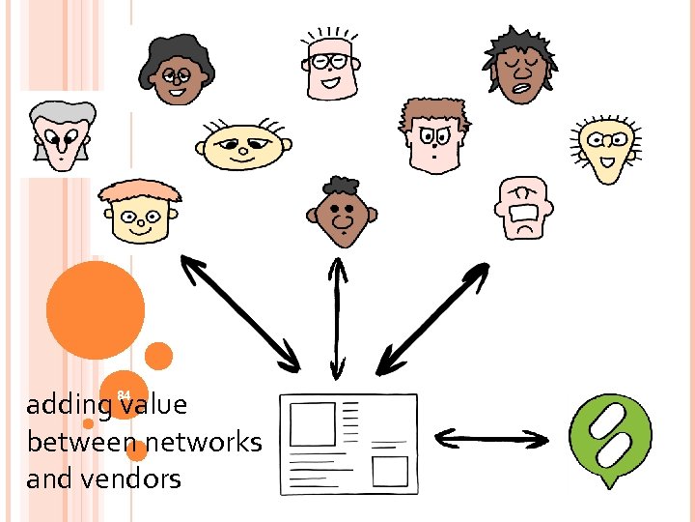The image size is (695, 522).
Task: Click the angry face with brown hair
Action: click(x=433, y=135)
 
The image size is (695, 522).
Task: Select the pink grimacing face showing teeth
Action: click(x=525, y=208)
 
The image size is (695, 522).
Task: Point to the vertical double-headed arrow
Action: click(x=336, y=319)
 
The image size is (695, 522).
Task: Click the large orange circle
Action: click(x=96, y=309)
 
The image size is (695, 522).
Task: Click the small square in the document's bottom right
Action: click(x=390, y=471)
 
